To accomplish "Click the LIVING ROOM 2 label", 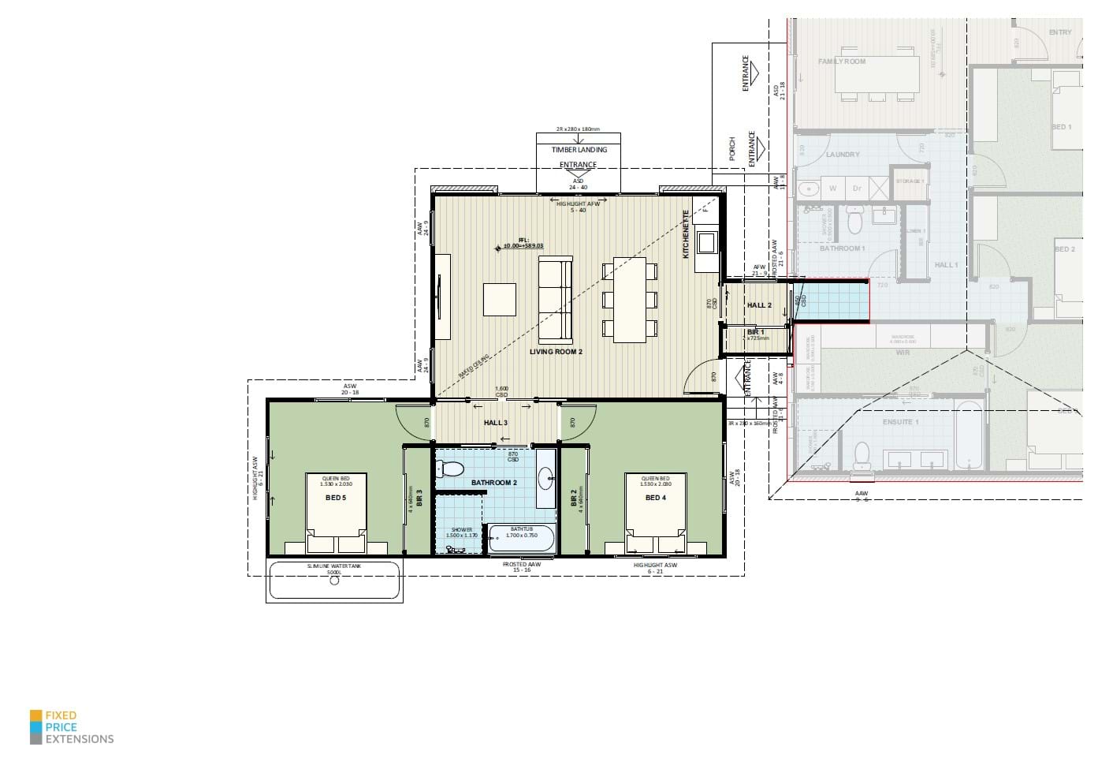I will pyautogui.click(x=556, y=352).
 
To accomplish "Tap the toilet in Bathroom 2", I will pyautogui.click(x=452, y=469).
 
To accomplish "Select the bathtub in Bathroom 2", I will pyautogui.click(x=522, y=541).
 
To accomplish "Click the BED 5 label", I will pyautogui.click(x=336, y=498).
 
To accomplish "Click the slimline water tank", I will pyautogui.click(x=335, y=581).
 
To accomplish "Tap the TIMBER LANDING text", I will pyautogui.click(x=579, y=149).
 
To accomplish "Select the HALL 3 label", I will pyautogui.click(x=495, y=424).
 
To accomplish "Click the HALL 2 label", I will pyautogui.click(x=759, y=305).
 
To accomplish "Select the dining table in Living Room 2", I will pyautogui.click(x=629, y=300).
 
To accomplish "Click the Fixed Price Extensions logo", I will pyautogui.click(x=72, y=727).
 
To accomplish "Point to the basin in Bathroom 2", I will pyautogui.click(x=545, y=478).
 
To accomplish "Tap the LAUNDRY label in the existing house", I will pyautogui.click(x=843, y=155).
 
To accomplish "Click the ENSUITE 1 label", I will pyautogui.click(x=898, y=422).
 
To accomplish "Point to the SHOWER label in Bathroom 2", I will pyautogui.click(x=461, y=529).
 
